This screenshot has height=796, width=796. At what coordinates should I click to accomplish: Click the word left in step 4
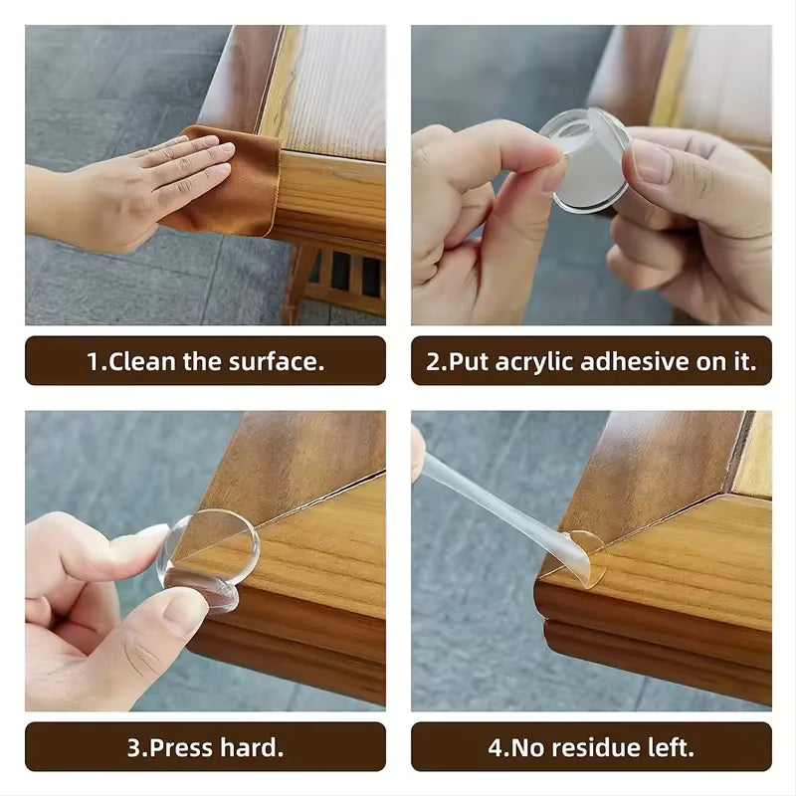coord(672,747)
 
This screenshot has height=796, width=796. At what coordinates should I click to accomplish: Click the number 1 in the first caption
coord(93,361)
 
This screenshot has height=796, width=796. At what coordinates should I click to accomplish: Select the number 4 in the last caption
coord(494,747)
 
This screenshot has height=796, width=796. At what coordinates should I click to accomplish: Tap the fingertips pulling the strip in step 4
coord(418,453)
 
